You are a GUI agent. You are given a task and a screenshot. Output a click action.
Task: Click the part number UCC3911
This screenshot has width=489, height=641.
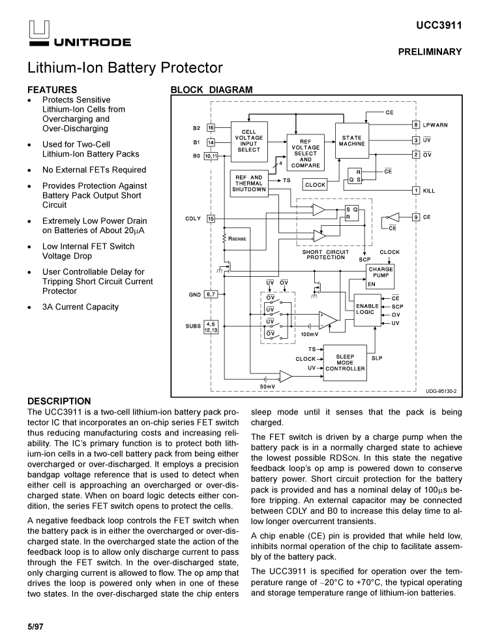click(439, 25)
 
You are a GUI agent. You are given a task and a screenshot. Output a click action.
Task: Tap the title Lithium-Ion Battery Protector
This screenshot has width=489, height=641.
click(125, 68)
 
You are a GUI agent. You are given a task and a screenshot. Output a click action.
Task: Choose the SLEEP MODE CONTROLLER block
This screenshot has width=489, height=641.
click(345, 362)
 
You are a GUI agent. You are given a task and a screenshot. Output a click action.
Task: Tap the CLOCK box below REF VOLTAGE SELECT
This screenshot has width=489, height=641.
click(315, 185)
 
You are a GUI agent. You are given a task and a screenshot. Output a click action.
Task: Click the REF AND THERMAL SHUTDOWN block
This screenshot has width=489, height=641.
click(248, 183)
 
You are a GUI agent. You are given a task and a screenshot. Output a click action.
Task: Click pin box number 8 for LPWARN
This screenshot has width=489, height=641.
click(415, 124)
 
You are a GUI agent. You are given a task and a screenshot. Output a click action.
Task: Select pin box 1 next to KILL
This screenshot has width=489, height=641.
click(415, 191)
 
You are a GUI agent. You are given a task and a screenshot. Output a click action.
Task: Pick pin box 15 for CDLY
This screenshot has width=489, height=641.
click(211, 219)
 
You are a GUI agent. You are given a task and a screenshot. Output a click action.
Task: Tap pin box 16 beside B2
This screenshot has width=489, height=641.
click(211, 127)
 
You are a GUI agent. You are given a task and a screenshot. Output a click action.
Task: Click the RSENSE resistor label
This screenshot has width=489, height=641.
click(237, 239)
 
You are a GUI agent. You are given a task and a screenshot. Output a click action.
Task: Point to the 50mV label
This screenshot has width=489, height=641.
click(267, 387)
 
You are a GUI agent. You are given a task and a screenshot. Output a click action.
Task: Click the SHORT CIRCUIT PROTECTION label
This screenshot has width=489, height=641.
click(326, 255)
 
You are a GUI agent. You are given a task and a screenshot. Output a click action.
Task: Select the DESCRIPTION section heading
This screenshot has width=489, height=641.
click(59, 401)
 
